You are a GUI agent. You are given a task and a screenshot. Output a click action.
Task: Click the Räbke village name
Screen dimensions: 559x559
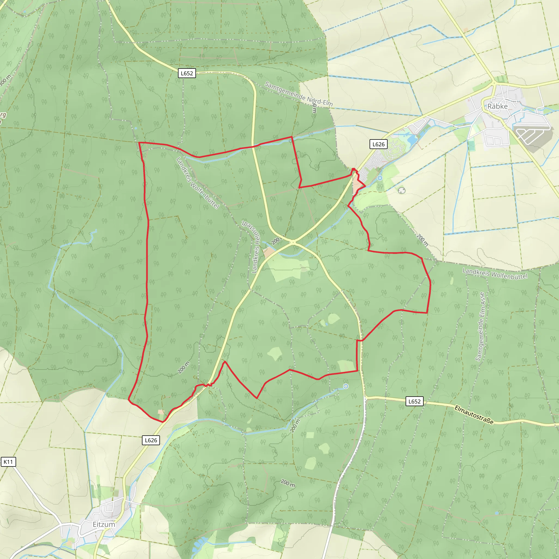[497, 106]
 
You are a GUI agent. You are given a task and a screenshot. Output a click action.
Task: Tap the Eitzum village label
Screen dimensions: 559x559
[103, 524]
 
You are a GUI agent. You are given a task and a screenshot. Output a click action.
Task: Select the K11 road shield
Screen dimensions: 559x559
[8, 462]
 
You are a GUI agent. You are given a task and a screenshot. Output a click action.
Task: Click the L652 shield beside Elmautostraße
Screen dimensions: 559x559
[414, 401]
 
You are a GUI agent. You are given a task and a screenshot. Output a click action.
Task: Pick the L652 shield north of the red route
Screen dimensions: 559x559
[187, 73]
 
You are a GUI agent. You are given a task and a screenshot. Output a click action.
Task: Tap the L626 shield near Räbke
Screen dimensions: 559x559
[379, 144]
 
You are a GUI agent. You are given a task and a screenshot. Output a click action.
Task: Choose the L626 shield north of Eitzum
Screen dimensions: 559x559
[151, 440]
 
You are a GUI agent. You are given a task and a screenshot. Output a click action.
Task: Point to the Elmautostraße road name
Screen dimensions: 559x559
[474, 415]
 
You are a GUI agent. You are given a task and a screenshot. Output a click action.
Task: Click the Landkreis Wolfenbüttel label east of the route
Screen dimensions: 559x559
[495, 274]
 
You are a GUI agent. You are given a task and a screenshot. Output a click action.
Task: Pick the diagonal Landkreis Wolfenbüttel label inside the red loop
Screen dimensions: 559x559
[197, 183]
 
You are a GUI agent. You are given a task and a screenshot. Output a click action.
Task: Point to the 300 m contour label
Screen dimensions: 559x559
[5, 81]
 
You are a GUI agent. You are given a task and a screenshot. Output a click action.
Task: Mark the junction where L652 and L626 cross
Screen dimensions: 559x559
[293, 242]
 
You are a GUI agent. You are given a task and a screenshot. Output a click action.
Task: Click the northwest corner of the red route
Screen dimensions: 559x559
[139, 143]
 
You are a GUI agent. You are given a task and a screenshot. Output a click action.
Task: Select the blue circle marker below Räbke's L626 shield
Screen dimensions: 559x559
[380, 178]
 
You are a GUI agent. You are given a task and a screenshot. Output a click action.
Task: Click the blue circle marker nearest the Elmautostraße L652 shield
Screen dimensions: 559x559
[346, 386]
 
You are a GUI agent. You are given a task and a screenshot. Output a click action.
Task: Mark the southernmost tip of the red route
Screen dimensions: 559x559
[163, 422]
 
